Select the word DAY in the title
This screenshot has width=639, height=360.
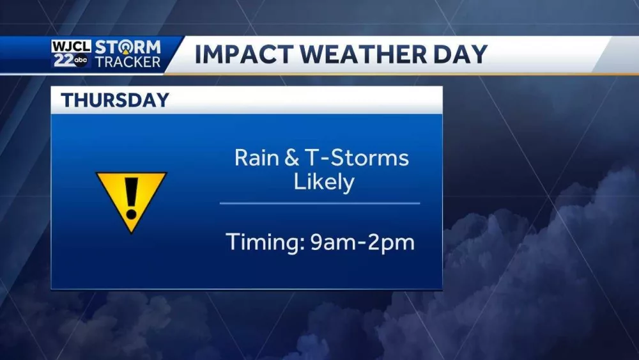pyautogui.click(x=458, y=55)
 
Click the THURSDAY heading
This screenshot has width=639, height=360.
pyautogui.click(x=115, y=100)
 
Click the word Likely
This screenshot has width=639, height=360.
pyautogui.click(x=323, y=182)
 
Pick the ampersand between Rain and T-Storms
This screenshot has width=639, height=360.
pyautogui.click(x=291, y=157)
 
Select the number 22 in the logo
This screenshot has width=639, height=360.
pyautogui.click(x=61, y=61)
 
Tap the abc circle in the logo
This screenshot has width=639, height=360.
pyautogui.click(x=81, y=61)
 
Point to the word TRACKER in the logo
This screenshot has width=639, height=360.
pyautogui.click(x=128, y=62)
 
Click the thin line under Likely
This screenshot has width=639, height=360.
pyautogui.click(x=319, y=203)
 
